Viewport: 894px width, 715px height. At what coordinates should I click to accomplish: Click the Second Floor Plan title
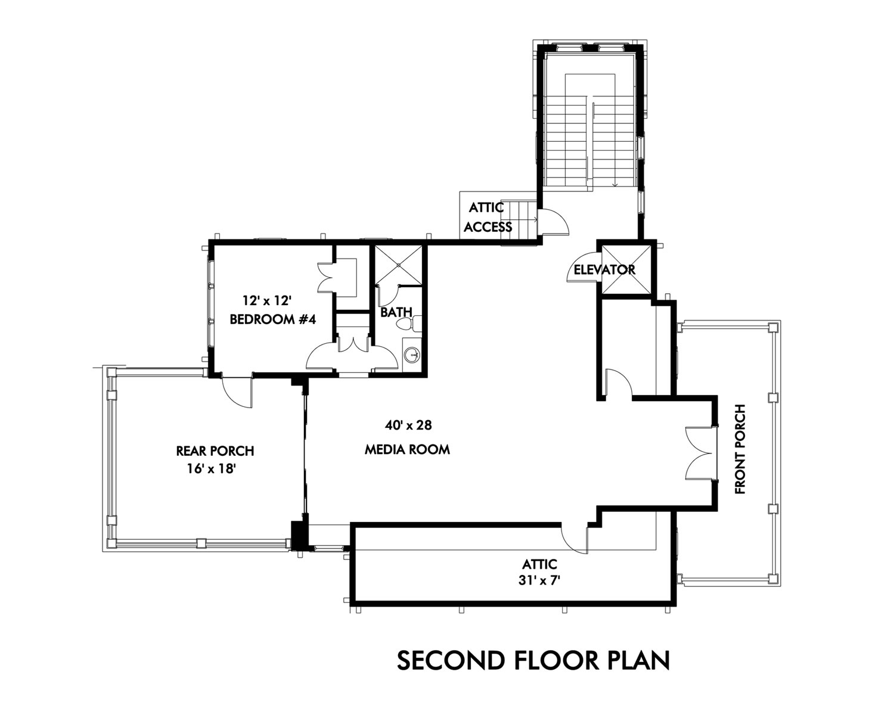[x=533, y=660]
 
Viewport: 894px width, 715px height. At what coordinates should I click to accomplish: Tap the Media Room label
[x=407, y=449]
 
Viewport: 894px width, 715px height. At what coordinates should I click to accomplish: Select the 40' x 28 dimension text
[x=408, y=425]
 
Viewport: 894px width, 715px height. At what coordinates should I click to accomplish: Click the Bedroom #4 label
[x=273, y=319]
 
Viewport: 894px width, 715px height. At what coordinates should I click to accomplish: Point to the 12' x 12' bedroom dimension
[x=266, y=300]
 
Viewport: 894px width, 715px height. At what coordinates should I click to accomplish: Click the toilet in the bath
[x=409, y=324]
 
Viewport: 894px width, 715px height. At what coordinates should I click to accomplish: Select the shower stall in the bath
[x=398, y=265]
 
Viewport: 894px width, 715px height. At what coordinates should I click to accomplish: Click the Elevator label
[x=604, y=270]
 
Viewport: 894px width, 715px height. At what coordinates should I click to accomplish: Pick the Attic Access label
[x=488, y=217]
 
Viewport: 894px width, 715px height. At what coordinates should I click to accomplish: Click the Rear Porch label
[x=215, y=451]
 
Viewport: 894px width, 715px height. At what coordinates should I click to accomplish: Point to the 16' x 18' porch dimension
[x=212, y=469]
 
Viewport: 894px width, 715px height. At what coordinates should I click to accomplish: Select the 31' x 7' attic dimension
[x=539, y=580]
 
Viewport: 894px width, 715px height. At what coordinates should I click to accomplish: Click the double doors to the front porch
[x=701, y=453]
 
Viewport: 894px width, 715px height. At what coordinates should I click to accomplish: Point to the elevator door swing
[x=582, y=268]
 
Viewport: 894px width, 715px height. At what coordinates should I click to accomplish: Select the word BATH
[x=396, y=312]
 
